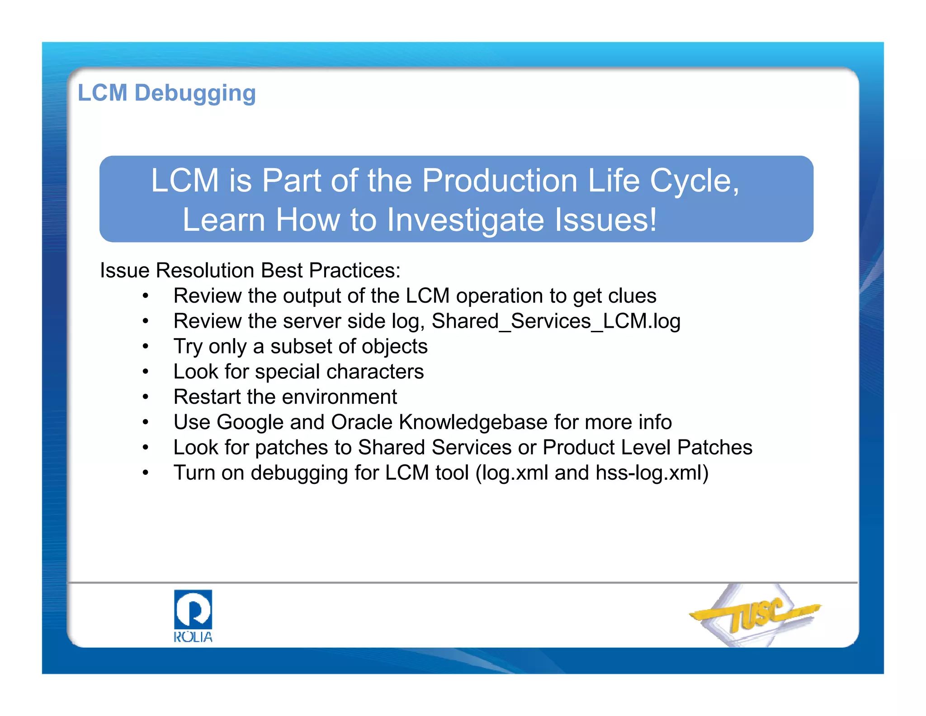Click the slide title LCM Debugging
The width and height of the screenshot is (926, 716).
pos(167,93)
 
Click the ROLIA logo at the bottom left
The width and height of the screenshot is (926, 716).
pos(193,616)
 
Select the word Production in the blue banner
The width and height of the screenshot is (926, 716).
pos(500,181)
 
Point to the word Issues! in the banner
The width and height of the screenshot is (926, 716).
pos(606,220)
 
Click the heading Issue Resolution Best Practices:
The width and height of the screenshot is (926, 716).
pos(250,271)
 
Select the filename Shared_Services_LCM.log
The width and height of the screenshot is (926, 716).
pos(556,321)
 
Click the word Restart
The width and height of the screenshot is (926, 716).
pos(207,397)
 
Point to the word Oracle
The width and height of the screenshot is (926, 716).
pos(362,423)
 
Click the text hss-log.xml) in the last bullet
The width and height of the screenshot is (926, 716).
pos(652,473)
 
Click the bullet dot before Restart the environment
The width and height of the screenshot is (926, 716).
pos(145,397)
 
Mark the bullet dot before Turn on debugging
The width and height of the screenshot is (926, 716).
pos(145,473)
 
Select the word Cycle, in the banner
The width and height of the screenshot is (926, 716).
pos(694,181)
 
